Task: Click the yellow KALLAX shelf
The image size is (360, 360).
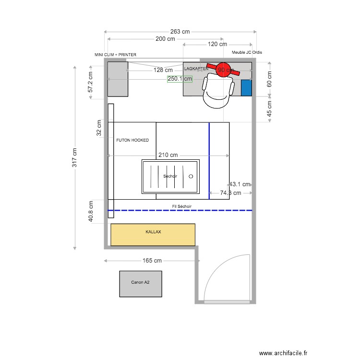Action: [153, 235]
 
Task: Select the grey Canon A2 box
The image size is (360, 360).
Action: [141, 284]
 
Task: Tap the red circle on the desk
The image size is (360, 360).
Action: [222, 69]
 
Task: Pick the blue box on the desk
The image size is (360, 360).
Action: [246, 87]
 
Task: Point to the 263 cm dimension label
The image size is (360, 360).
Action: [180, 32]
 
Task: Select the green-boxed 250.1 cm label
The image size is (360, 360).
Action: [180, 79]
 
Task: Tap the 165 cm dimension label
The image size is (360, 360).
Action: [152, 261]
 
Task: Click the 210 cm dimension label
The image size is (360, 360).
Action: [168, 155]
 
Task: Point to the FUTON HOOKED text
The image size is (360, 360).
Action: [132, 140]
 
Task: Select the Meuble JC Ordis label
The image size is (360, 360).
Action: [247, 52]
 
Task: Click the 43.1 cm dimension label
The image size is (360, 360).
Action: [240, 184]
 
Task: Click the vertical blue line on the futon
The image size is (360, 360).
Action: [209, 161]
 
